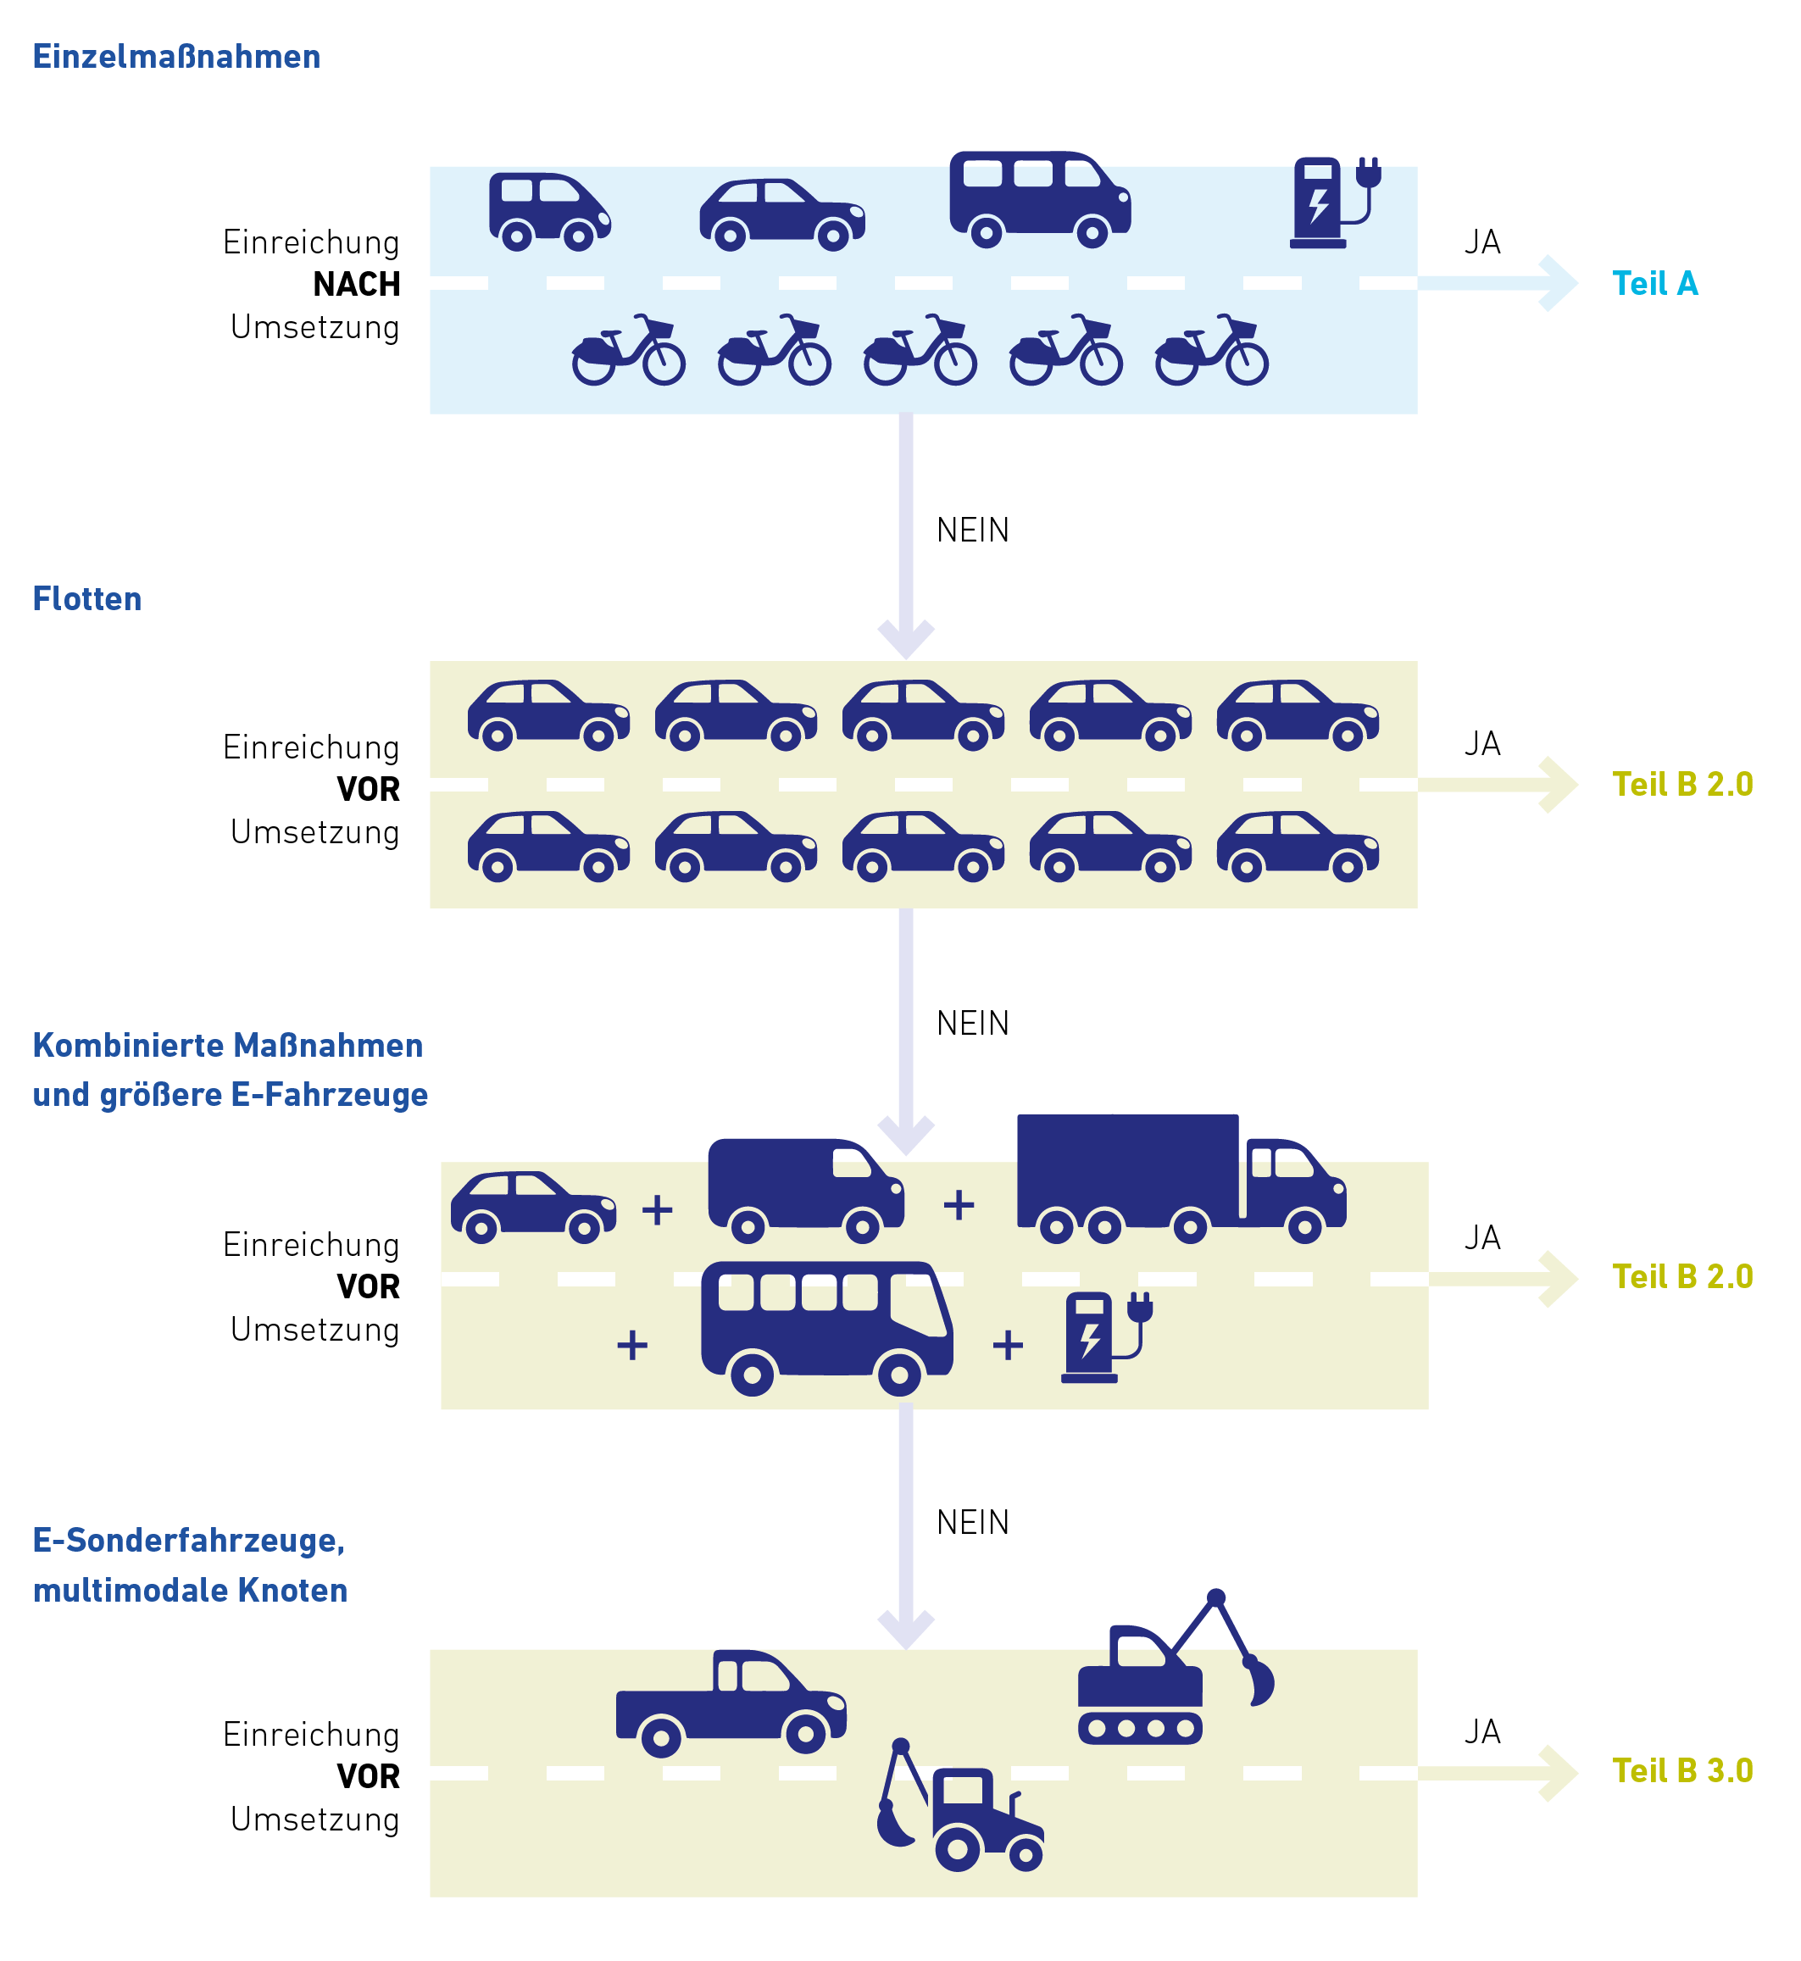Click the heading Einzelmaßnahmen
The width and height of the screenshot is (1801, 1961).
pos(176,57)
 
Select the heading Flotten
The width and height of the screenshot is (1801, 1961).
pos(87,598)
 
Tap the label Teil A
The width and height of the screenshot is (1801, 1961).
pos(1655,284)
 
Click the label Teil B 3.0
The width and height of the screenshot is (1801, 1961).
pos(1682,1771)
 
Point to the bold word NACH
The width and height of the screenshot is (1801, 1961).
pos(357,285)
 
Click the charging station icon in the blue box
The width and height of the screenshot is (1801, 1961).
pos(1333,203)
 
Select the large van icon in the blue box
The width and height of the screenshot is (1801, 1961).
pos(1040,197)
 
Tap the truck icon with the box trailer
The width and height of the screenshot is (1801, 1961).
pos(1181,1178)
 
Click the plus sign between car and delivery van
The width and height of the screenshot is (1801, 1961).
pos(658,1209)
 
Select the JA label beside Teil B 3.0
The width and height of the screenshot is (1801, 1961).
pos(1482,1732)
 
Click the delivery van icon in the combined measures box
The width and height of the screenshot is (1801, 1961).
pos(806,1190)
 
